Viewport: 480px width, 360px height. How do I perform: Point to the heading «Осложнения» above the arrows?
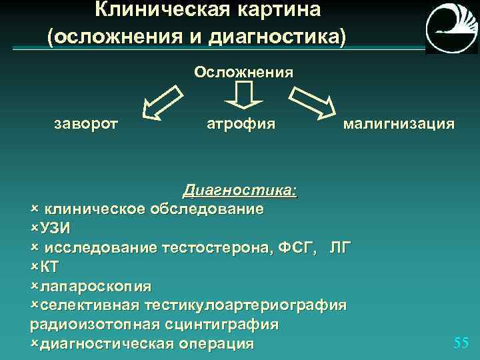pos(243,71)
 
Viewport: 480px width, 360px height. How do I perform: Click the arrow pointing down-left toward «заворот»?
pos(163,103)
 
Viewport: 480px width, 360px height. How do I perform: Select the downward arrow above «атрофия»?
pos(243,95)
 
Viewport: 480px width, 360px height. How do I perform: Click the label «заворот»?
pos(86,123)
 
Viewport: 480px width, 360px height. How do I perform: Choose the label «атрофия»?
pos(241,123)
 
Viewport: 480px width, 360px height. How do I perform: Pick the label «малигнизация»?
pos(399,123)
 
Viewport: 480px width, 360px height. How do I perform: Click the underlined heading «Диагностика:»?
pos(240,191)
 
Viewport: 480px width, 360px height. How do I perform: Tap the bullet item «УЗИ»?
pos(55,228)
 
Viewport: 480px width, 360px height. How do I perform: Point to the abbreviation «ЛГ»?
pos(339,248)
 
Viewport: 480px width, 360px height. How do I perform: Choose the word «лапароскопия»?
pos(95,286)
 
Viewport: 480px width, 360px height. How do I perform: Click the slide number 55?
pos(461,343)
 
